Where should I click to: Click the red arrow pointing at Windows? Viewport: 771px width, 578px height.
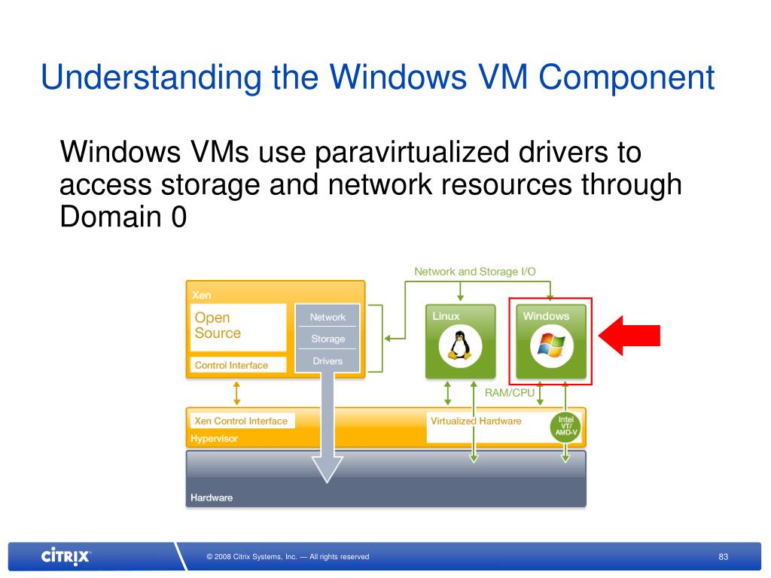[632, 335]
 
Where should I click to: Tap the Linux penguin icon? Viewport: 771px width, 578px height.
[456, 346]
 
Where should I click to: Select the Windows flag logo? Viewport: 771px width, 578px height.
[551, 346]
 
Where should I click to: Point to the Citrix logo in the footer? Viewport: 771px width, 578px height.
[66, 557]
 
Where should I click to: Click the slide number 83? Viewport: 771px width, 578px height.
[724, 557]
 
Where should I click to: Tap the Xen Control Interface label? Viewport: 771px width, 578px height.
[241, 421]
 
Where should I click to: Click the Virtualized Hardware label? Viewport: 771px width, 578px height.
[476, 421]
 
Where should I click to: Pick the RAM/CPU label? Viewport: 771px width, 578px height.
[510, 393]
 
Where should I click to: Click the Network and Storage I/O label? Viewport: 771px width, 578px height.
[475, 272]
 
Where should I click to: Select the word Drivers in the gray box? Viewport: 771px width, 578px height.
[328, 361]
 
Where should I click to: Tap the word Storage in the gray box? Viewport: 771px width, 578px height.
[328, 339]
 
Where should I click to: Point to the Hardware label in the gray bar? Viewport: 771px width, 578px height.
[212, 497]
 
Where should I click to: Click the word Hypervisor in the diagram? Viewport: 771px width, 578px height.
[214, 438]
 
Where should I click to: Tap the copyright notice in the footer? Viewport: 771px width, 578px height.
[288, 557]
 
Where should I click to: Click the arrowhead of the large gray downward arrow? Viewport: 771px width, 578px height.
[328, 470]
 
